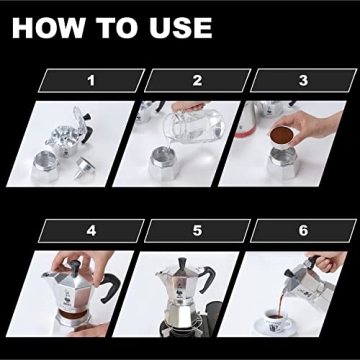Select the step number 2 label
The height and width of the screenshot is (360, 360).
tap(197, 80)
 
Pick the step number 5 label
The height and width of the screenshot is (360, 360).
tap(197, 231)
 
